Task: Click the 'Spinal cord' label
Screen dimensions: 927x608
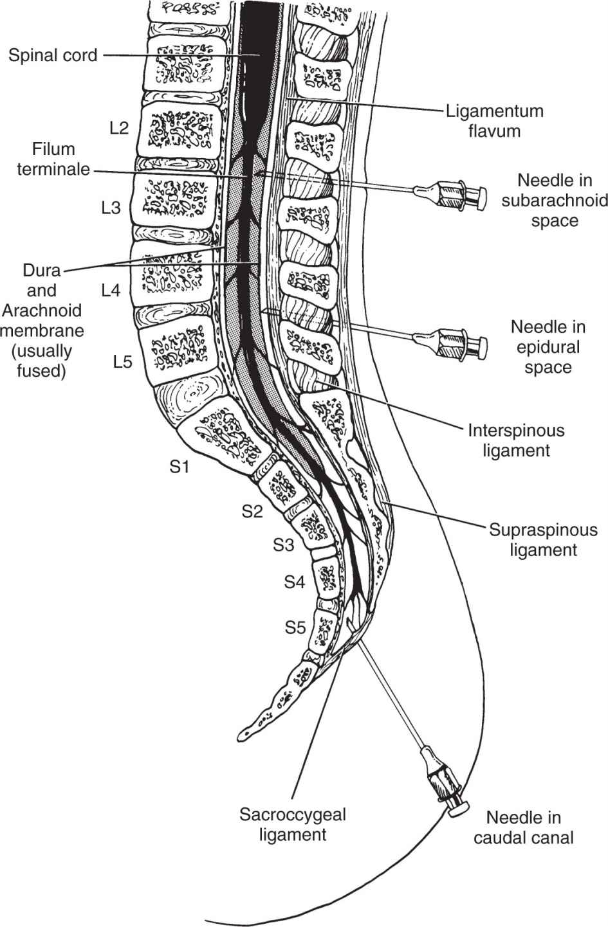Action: pyautogui.click(x=53, y=55)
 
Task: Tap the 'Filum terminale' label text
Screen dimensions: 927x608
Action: pyautogui.click(x=54, y=160)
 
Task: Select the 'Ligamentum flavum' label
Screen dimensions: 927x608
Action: pyautogui.click(x=494, y=121)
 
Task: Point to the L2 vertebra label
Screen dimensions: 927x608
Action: pyautogui.click(x=118, y=128)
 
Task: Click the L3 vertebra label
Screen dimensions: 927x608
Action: pyautogui.click(x=110, y=208)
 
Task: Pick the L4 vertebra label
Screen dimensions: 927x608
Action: pyautogui.click(x=110, y=291)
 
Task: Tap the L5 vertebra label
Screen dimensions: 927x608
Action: pyautogui.click(x=122, y=361)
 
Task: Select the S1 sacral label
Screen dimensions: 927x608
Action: pyautogui.click(x=180, y=467)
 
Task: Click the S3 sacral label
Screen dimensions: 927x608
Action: pyautogui.click(x=283, y=545)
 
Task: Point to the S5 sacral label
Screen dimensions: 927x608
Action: pyautogui.click(x=295, y=627)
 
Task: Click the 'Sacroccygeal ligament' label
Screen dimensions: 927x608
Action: pyautogui.click(x=293, y=825)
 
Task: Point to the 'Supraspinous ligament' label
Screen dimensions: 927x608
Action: pyautogui.click(x=543, y=540)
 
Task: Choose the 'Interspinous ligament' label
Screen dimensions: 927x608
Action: pyautogui.click(x=516, y=440)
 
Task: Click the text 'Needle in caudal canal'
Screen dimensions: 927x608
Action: pyautogui.click(x=523, y=827)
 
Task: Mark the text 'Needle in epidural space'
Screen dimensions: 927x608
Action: pyautogui.click(x=548, y=346)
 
